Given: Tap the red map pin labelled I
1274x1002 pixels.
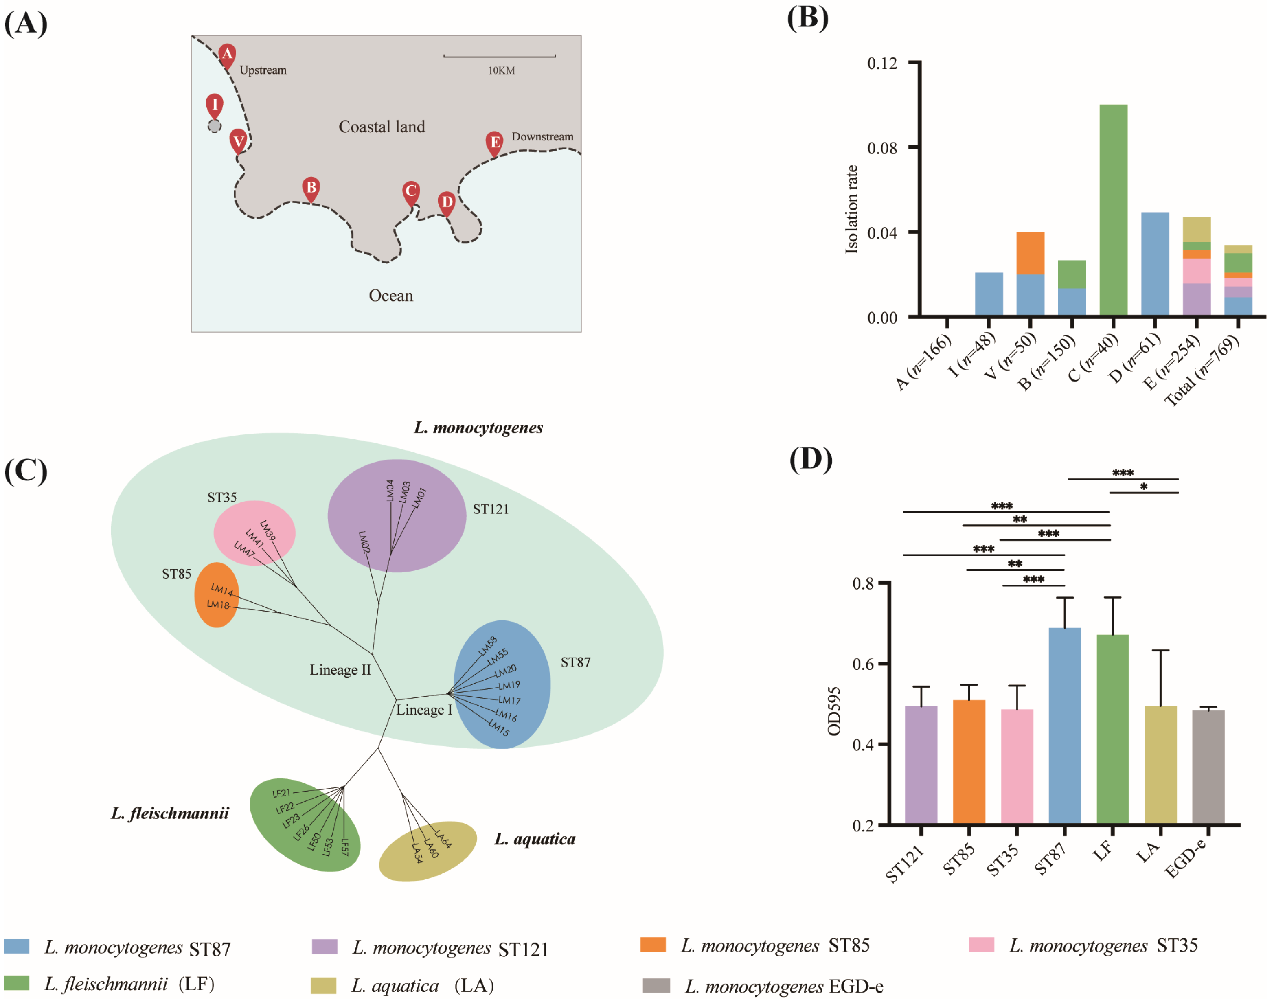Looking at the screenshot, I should (x=215, y=105).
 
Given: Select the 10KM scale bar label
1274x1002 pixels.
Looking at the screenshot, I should (x=502, y=70).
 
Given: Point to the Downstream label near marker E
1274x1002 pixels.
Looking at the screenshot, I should (x=543, y=137).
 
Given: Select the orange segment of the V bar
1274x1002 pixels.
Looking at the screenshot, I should (x=1030, y=253).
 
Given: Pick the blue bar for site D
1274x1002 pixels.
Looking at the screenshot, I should (x=1155, y=264).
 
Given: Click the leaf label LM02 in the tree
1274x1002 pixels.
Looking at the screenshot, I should (x=364, y=542).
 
